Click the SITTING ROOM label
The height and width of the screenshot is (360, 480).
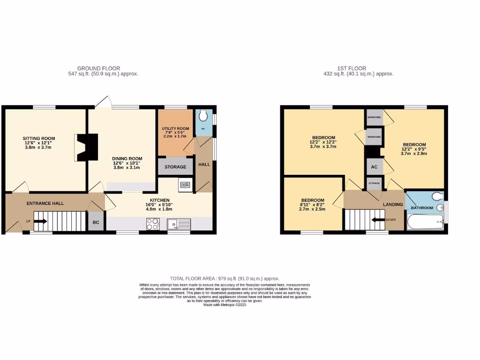point(39,138)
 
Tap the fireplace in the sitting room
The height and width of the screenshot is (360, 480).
point(87,147)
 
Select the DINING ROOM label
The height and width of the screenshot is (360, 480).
point(127,158)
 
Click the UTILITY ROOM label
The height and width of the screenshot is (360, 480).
point(175,129)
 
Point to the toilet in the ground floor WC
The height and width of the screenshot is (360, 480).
point(203,115)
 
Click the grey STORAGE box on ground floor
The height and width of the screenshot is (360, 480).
point(175,167)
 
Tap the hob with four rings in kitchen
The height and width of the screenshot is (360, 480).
point(153,225)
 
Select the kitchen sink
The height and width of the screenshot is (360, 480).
point(179,225)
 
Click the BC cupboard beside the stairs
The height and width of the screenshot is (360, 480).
point(96,222)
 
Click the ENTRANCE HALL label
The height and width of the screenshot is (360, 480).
point(45,203)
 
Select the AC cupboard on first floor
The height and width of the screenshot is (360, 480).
point(374,167)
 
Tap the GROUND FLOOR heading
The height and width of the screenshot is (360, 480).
point(98,68)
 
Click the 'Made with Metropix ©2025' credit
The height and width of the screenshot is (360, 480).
point(225,305)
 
